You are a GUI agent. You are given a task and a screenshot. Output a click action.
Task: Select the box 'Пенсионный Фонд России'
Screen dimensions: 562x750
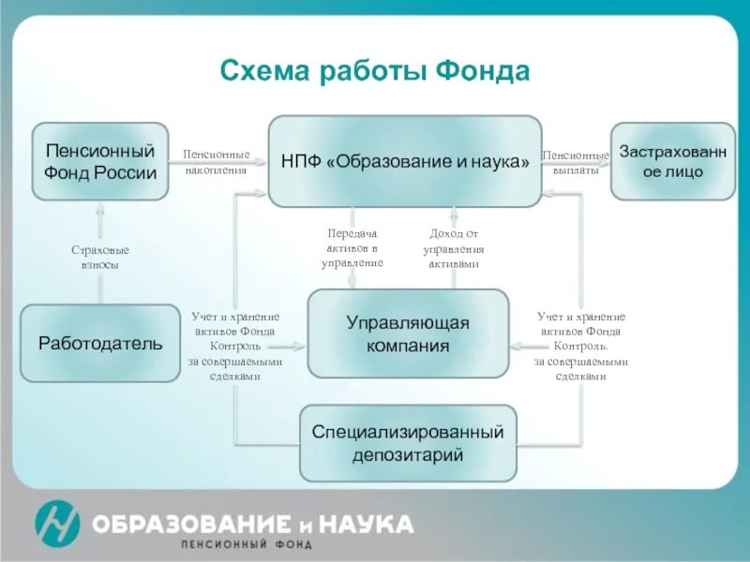pos(100,161)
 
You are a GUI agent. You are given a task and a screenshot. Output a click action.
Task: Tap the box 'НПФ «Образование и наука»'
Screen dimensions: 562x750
pos(405,161)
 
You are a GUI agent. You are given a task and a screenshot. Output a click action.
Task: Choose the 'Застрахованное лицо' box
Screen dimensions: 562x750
pos(673,161)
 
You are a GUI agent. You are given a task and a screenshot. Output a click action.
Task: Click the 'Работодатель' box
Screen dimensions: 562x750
pos(100,343)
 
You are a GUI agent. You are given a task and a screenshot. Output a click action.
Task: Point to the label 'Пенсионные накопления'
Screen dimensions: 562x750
pos(216,162)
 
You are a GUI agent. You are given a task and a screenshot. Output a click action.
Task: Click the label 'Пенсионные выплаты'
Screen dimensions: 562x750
pos(576,162)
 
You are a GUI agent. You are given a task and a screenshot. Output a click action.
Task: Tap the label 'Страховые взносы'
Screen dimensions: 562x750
pos(100,258)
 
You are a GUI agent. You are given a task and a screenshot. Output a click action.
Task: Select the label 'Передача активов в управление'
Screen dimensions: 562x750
pos(352,248)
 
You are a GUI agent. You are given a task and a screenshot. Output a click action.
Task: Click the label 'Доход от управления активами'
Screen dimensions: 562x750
pos(454,248)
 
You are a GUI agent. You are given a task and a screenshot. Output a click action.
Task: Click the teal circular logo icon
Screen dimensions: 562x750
pos(57,523)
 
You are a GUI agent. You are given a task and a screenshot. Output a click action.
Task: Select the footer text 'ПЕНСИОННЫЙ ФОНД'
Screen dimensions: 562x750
pos(247,544)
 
